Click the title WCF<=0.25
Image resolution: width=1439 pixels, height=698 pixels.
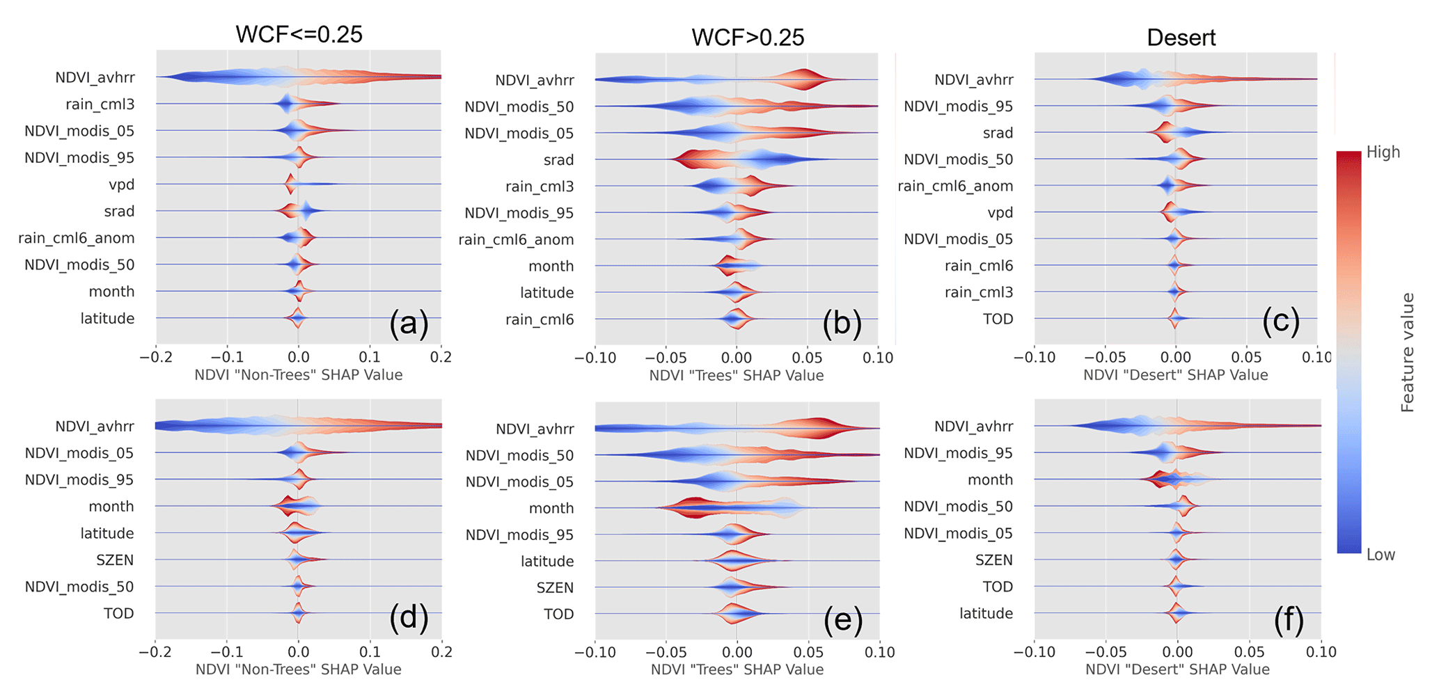click(299, 34)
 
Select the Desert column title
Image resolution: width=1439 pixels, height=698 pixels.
click(1181, 38)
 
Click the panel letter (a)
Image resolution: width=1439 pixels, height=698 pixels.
click(409, 323)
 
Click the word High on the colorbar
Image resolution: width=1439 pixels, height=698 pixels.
click(1383, 152)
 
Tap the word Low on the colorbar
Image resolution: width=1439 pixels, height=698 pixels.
click(1380, 555)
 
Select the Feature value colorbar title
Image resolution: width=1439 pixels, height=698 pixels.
click(1408, 352)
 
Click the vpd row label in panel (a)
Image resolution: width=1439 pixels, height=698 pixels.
click(121, 184)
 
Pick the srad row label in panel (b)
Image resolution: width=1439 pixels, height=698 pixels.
click(558, 160)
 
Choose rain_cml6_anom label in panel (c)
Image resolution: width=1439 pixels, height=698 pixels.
click(954, 186)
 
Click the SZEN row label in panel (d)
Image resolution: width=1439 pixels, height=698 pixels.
click(115, 560)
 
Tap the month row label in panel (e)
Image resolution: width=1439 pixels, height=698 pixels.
click(551, 509)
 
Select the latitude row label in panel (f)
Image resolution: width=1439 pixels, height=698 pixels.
click(986, 614)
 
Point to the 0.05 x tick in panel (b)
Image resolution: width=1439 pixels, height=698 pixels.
click(807, 358)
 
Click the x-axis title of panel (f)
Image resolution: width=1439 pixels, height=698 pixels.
click(1177, 669)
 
